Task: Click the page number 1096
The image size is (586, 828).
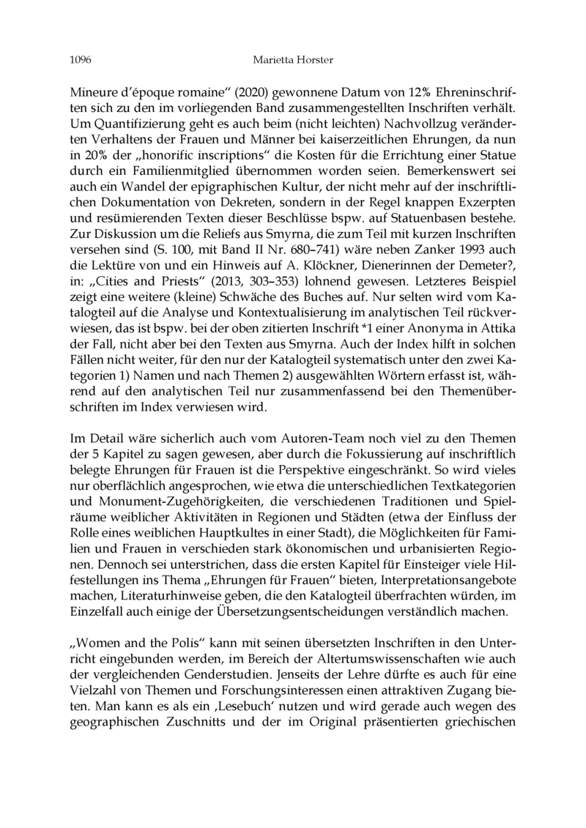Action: pos(81,59)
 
